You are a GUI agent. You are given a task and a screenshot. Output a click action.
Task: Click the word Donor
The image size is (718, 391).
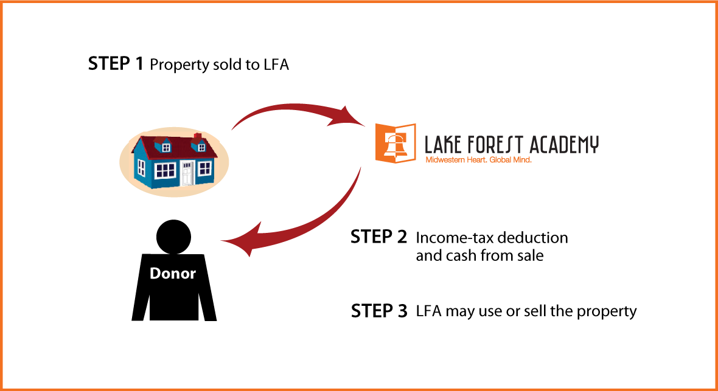173,274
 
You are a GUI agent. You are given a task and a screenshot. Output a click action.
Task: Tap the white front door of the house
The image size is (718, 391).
187,173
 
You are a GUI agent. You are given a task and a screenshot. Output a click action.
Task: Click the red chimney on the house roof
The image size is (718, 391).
198,136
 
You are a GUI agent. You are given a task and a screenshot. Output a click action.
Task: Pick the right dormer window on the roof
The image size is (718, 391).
200,147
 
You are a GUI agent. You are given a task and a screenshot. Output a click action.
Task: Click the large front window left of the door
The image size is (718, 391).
165,170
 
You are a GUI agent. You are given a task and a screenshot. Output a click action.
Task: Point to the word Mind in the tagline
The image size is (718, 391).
523,161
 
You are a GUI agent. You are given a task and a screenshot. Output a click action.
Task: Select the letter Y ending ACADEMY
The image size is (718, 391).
594,145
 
